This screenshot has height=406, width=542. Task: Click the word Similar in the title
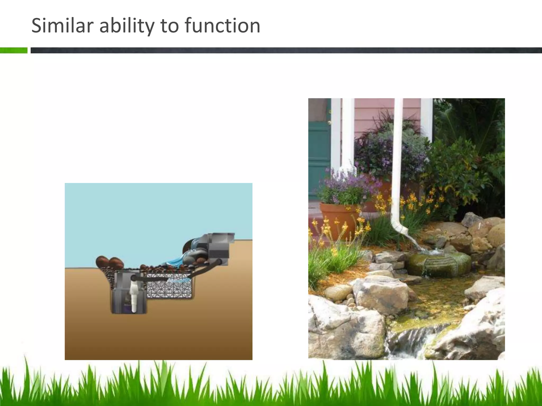click(x=62, y=26)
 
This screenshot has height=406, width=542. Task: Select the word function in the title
click(x=222, y=26)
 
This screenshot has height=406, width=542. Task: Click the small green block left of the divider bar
click(x=13, y=50)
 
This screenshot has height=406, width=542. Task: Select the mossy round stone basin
click(x=438, y=263)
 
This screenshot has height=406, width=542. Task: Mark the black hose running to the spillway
click(x=204, y=270)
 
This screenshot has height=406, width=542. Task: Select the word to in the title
click(x=170, y=26)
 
